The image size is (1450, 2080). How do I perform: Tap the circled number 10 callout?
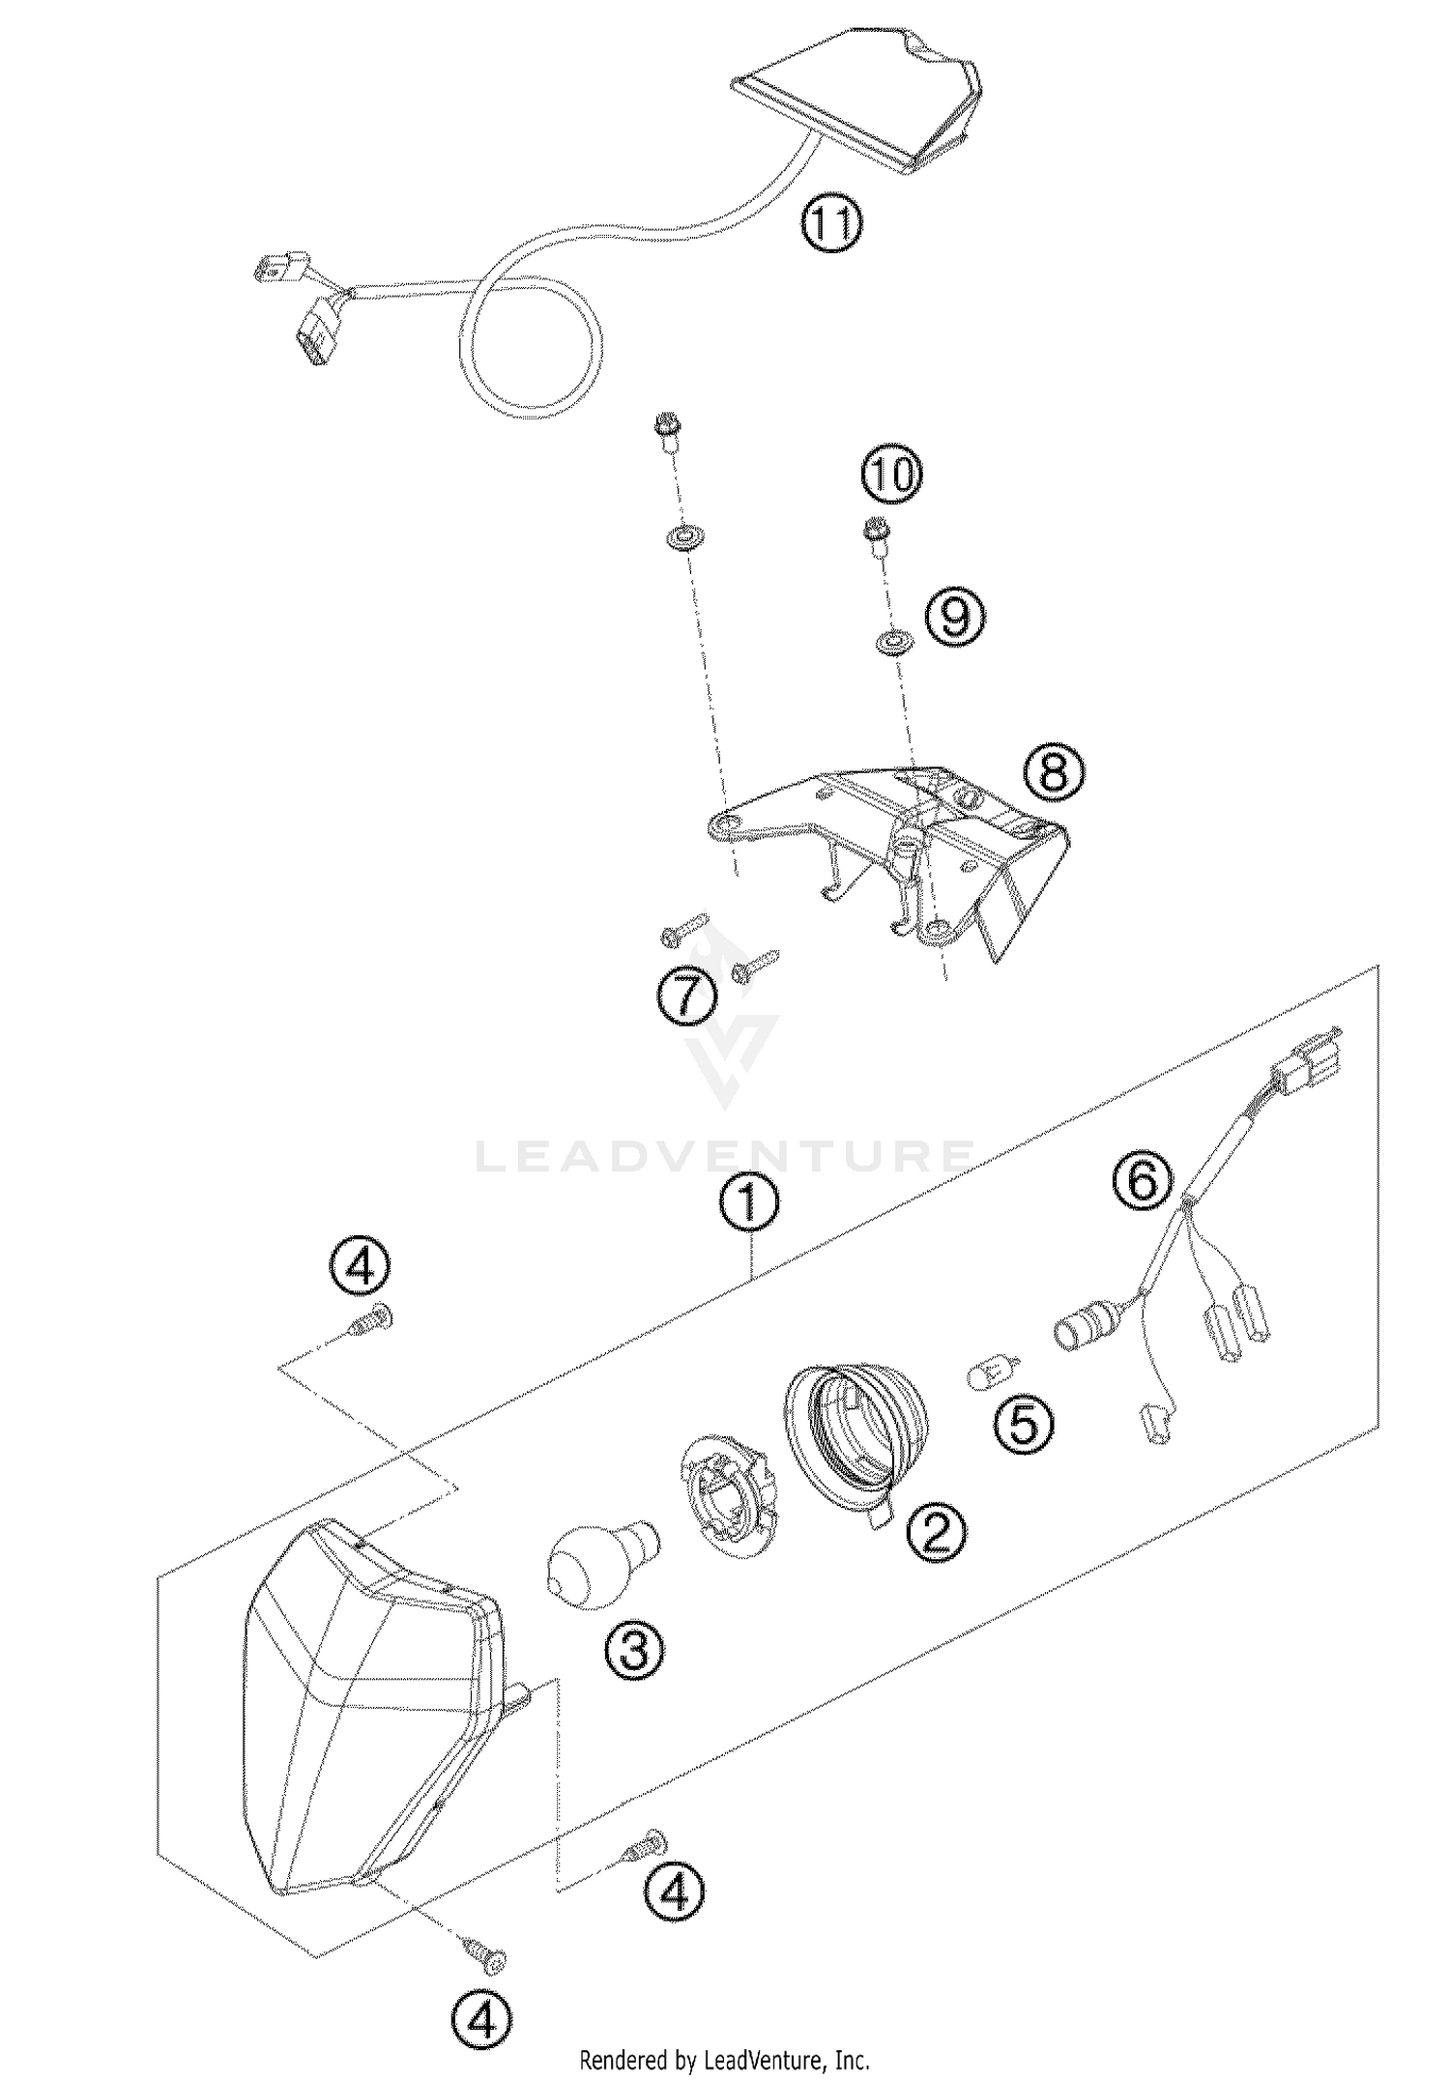[x=892, y=476]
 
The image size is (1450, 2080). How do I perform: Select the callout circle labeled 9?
[x=955, y=617]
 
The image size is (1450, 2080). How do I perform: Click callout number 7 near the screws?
[x=687, y=995]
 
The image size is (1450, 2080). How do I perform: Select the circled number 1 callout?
[x=750, y=1204]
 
